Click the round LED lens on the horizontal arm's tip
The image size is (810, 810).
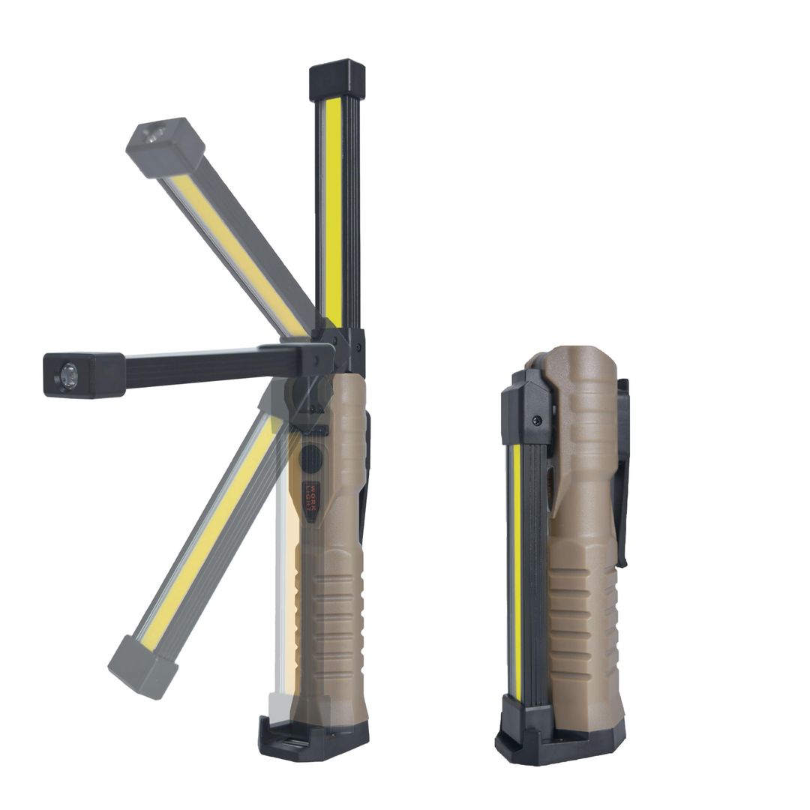pos(68,375)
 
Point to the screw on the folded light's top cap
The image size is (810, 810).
pos(537,421)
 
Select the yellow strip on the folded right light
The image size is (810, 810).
pos(517,570)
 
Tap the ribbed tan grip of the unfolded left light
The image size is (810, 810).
pos(333,622)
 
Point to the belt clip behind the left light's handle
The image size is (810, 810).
pos(365,480)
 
